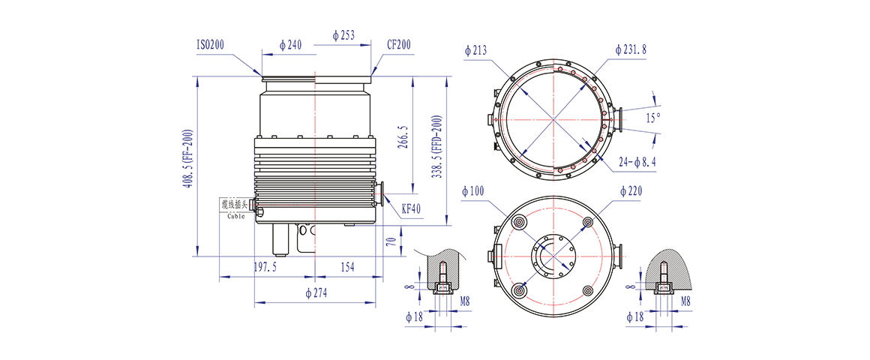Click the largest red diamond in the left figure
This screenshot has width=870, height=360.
tap(315, 115)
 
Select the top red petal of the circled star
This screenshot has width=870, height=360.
tap(553, 88)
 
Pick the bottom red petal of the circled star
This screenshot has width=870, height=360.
tap(553, 150)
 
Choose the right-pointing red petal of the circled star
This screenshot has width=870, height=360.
tap(583, 119)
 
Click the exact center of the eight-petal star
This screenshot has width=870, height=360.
tap(553, 119)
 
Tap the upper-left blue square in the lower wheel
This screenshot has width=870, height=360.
tap(530, 235)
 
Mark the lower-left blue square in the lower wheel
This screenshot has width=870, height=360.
tap(530, 278)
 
